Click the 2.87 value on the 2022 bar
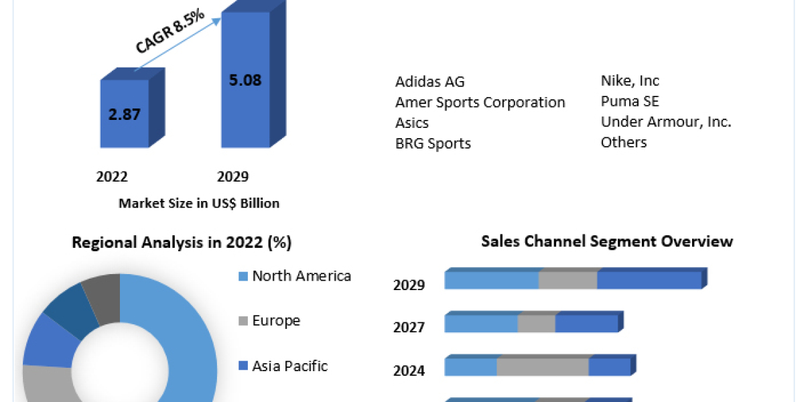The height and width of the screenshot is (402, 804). pyautogui.click(x=124, y=114)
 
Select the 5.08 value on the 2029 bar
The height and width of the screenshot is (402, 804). pyautogui.click(x=245, y=80)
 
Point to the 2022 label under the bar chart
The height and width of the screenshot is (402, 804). pyautogui.click(x=112, y=177)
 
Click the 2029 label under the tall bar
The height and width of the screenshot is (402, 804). pyautogui.click(x=232, y=177)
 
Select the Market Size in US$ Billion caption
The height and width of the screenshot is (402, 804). pyautogui.click(x=199, y=203)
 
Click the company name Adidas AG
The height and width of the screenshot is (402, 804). pyautogui.click(x=429, y=82)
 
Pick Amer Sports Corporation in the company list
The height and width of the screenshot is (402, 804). pyautogui.click(x=480, y=103)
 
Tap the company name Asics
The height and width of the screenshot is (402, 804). pyautogui.click(x=411, y=123)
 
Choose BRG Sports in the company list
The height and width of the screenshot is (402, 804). pyautogui.click(x=433, y=143)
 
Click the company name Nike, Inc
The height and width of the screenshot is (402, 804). pyautogui.click(x=630, y=81)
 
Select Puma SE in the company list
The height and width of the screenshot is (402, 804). pyautogui.click(x=630, y=102)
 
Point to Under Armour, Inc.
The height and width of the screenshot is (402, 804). pyautogui.click(x=666, y=122)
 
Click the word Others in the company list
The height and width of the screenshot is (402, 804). pyautogui.click(x=624, y=142)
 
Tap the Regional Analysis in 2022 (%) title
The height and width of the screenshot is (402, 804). pyautogui.click(x=182, y=243)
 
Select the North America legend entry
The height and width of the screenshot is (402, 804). pyautogui.click(x=301, y=276)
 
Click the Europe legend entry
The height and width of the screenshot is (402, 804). pyautogui.click(x=276, y=321)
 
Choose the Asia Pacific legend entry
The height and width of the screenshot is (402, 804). pyautogui.click(x=289, y=366)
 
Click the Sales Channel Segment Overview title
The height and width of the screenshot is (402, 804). pyautogui.click(x=607, y=241)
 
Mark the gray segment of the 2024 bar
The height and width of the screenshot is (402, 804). pyautogui.click(x=542, y=367)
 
